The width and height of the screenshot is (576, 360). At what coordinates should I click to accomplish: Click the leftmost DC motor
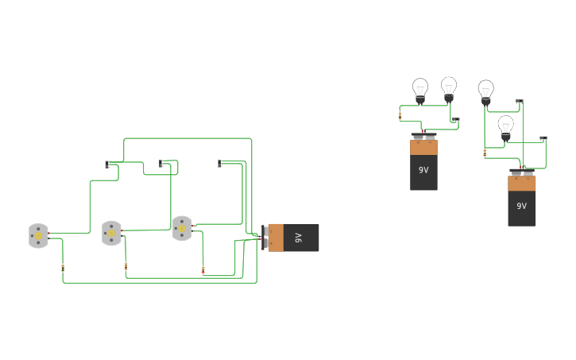pyautogui.click(x=38, y=235)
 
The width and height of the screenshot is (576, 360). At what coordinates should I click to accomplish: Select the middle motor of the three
pyautogui.click(x=111, y=233)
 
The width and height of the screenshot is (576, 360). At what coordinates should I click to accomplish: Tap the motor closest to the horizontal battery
pyautogui.click(x=182, y=228)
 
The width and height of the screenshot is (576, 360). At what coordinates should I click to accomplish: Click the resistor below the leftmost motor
pyautogui.click(x=63, y=269)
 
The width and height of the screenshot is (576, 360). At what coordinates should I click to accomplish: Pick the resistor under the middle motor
pyautogui.click(x=126, y=267)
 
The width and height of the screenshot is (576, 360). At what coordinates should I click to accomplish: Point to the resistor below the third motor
pyautogui.click(x=203, y=270)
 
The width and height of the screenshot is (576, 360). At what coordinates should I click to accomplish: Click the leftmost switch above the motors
pyautogui.click(x=107, y=165)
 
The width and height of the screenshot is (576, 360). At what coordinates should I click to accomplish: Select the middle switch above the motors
pyautogui.click(x=161, y=164)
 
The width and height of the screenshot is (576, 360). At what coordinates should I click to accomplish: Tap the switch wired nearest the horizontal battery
pyautogui.click(x=220, y=164)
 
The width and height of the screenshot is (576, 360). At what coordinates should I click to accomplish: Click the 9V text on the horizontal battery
pyautogui.click(x=299, y=238)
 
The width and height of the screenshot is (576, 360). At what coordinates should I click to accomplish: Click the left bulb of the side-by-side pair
pyautogui.click(x=420, y=89)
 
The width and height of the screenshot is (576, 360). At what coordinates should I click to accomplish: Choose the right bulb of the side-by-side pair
pyautogui.click(x=449, y=87)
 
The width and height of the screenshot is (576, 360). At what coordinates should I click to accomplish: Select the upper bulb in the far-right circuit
pyautogui.click(x=485, y=91)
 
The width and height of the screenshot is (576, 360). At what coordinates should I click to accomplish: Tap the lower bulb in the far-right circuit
pyautogui.click(x=505, y=126)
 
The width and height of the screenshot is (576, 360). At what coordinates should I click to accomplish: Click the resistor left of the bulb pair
pyautogui.click(x=400, y=115)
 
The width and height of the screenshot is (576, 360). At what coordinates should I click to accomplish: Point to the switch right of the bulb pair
pyautogui.click(x=455, y=120)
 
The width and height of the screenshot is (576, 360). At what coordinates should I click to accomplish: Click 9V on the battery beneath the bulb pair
pyautogui.click(x=423, y=170)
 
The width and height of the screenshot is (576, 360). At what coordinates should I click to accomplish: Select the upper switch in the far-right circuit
pyautogui.click(x=520, y=102)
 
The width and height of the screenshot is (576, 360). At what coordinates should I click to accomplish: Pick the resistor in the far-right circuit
pyautogui.click(x=485, y=153)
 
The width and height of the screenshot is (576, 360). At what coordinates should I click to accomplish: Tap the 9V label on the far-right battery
pyautogui.click(x=521, y=206)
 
